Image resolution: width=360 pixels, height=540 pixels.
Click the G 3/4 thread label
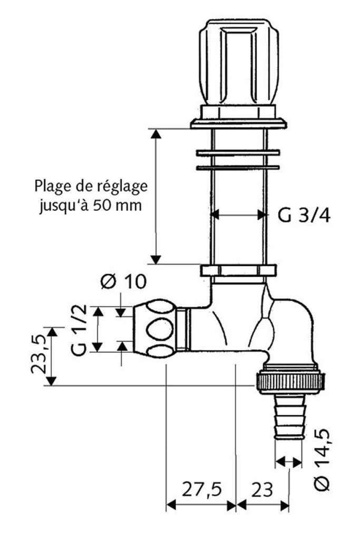[x=304, y=216]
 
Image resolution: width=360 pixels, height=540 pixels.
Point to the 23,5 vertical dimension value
[x=38, y=356]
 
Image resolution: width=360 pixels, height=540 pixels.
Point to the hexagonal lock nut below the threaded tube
[x=238, y=271]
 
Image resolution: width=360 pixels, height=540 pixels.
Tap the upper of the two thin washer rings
[x=238, y=153]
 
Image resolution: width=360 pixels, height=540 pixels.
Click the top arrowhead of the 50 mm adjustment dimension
[x=155, y=133]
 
